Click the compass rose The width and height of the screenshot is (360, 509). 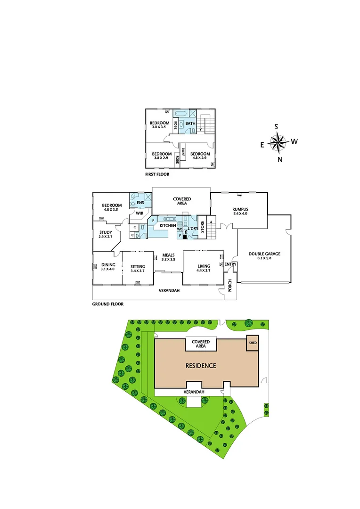pos(278,142)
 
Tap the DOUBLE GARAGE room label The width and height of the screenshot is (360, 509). pos(264,254)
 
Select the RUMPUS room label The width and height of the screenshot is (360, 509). pos(240,209)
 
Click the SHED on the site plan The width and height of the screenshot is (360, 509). pos(253,343)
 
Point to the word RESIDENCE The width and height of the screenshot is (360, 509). pos(200,366)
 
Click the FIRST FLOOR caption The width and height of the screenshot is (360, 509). pos(157,174)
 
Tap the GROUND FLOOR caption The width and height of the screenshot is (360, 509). pos(108,304)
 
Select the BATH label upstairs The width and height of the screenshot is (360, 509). pos(190,124)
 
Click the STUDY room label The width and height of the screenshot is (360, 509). pos(106,232)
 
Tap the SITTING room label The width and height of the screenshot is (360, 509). pos(138,267)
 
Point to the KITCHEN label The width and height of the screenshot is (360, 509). pos(168,226)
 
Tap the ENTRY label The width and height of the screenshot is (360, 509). pos(230,264)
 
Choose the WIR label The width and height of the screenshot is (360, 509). pos(139,213)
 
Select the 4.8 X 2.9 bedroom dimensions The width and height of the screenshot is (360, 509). pos(200,158)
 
